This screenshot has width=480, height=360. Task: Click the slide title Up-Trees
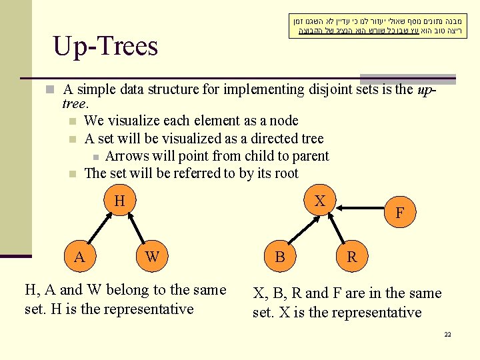click(x=105, y=46)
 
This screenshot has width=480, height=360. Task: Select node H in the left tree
click(x=119, y=201)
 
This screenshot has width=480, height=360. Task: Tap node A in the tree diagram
click(x=79, y=257)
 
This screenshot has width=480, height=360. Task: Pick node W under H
click(x=152, y=257)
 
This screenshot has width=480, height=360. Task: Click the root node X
click(x=320, y=201)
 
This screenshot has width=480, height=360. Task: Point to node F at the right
click(x=399, y=213)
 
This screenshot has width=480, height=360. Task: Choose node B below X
click(x=280, y=257)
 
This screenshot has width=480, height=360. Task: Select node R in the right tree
click(x=351, y=257)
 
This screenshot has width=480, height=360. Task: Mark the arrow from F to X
click(x=362, y=207)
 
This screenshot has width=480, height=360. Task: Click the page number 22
click(x=447, y=334)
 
